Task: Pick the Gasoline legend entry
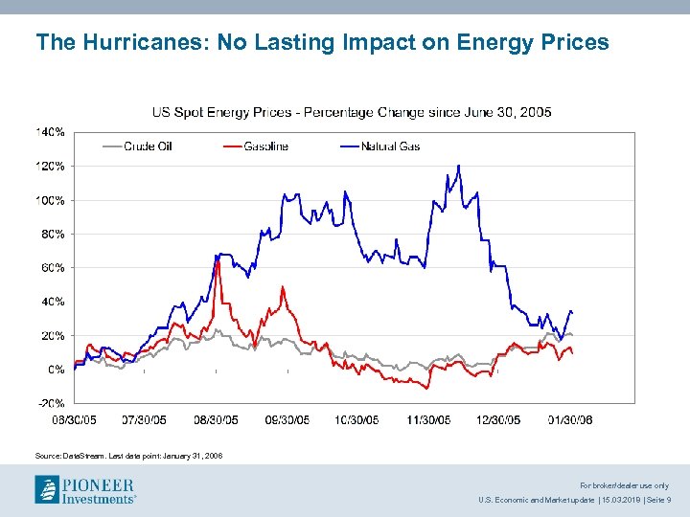265,146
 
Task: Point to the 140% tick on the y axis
51,131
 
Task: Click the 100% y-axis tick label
51,200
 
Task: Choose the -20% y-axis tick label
52,403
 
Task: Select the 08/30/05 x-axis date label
216,419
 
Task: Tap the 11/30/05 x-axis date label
427,419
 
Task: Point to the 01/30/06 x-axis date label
570,419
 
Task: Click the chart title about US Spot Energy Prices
352,113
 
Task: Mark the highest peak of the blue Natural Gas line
459,166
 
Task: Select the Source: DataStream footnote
128,456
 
